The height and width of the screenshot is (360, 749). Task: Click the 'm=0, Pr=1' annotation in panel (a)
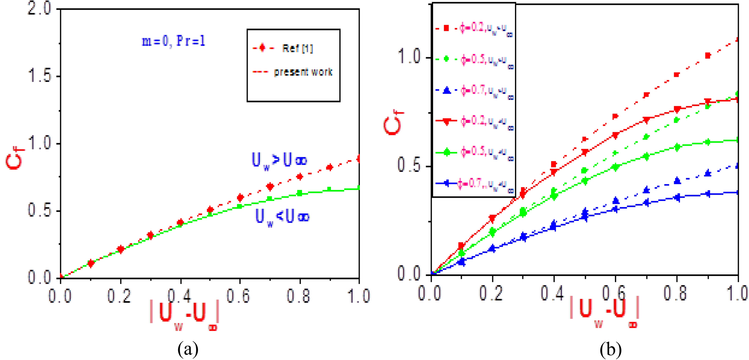(x=173, y=41)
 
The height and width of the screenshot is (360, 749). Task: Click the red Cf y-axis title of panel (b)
(x=393, y=121)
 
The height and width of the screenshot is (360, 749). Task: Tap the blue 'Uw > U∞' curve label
(x=279, y=160)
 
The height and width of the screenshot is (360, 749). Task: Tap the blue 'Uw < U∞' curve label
(x=282, y=217)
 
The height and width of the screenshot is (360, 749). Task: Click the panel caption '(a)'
(x=188, y=349)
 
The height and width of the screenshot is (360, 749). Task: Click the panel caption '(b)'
(x=610, y=349)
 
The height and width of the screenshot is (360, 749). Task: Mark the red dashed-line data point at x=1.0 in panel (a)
(x=358, y=159)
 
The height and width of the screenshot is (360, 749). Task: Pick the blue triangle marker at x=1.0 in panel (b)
(x=738, y=166)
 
